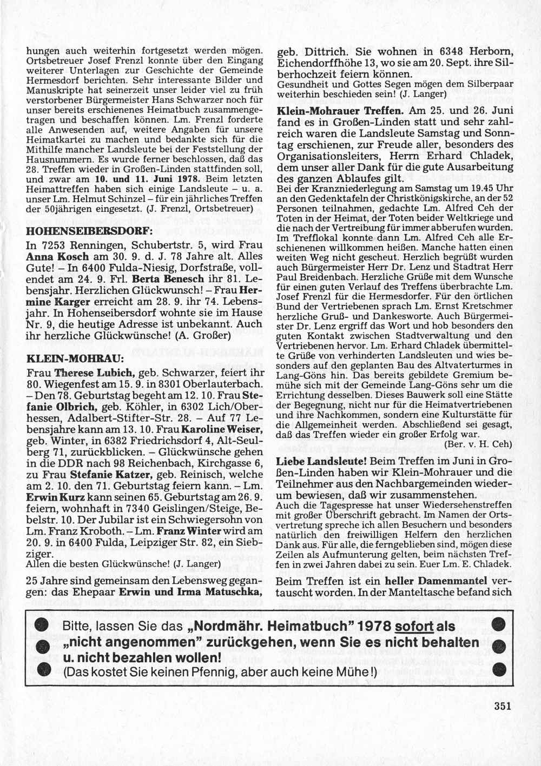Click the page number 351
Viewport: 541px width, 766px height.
point(502,705)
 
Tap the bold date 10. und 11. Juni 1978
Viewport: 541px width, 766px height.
point(128,178)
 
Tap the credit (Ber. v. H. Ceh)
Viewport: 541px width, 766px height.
point(478,443)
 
